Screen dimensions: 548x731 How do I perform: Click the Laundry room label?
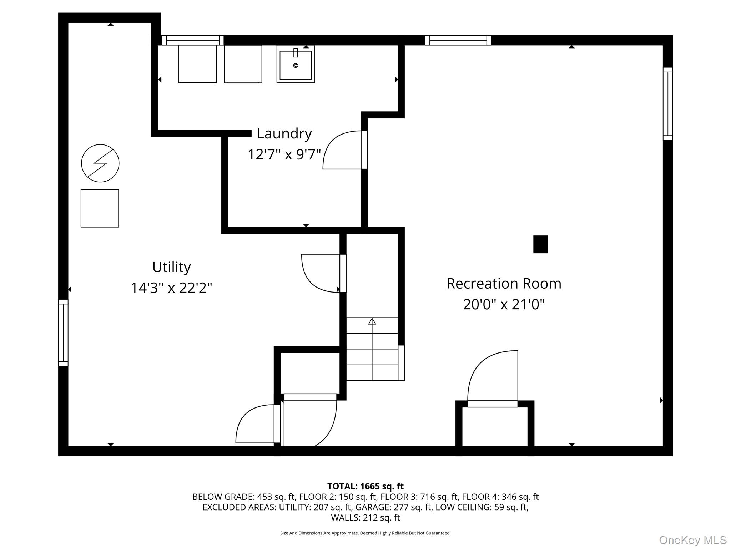(x=284, y=133)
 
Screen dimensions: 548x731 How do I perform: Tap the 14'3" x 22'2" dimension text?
(x=171, y=288)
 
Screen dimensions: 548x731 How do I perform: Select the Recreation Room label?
(x=504, y=284)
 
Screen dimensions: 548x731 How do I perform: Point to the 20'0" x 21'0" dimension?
(x=504, y=305)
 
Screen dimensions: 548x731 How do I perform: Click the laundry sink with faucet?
(x=295, y=65)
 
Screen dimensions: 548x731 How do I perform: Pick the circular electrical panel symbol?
(x=100, y=163)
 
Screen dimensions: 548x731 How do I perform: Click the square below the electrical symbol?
(x=100, y=208)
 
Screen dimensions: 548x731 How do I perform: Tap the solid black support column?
(x=540, y=244)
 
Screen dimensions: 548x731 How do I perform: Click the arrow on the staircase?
(x=372, y=321)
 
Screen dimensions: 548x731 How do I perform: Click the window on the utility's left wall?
(x=63, y=333)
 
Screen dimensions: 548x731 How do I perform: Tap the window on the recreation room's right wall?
(x=667, y=103)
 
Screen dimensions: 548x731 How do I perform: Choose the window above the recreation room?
(x=458, y=40)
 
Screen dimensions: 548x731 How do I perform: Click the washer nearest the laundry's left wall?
(x=197, y=64)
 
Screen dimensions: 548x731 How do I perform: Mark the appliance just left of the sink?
(x=243, y=64)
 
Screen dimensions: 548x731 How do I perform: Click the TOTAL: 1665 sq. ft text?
(x=365, y=486)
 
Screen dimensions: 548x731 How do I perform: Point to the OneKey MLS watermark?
(x=692, y=540)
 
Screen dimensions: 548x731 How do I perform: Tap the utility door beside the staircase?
(x=321, y=273)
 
